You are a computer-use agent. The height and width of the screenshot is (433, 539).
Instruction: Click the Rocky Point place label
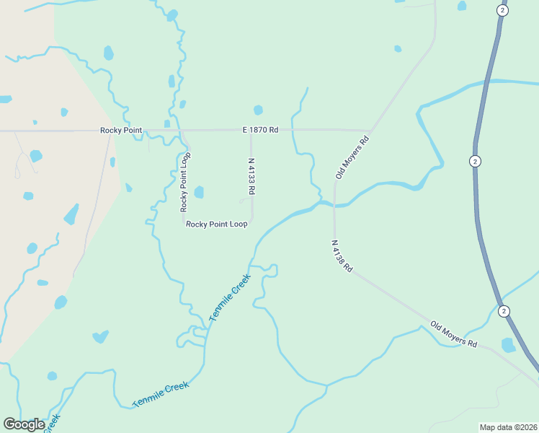(119, 131)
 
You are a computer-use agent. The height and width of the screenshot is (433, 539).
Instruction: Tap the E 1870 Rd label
(260, 130)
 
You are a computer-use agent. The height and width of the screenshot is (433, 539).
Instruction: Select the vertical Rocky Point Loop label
(185, 182)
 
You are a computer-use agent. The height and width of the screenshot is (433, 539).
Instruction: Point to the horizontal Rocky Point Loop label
(217, 224)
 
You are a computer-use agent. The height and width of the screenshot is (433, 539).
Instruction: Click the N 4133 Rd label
(251, 177)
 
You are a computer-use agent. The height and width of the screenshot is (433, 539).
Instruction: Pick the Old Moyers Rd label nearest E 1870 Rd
(352, 157)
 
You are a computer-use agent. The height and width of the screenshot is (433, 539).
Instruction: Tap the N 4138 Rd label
(342, 256)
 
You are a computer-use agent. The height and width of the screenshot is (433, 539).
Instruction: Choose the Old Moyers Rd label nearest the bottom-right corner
(454, 334)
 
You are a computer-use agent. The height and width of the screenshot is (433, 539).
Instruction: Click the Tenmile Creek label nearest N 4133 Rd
(230, 297)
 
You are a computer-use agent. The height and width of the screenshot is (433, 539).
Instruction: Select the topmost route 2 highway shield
(502, 10)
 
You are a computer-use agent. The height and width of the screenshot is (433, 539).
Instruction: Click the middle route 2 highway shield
(474, 161)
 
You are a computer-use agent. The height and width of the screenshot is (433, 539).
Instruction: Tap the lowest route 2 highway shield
(504, 311)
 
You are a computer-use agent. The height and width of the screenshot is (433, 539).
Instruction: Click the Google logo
(24, 424)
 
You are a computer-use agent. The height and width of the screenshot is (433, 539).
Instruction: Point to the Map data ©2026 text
(508, 427)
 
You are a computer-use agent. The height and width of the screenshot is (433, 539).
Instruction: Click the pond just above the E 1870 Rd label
(258, 110)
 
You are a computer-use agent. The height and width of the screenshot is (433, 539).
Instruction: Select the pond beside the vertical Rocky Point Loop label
(199, 192)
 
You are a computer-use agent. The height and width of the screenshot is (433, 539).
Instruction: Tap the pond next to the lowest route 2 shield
(508, 345)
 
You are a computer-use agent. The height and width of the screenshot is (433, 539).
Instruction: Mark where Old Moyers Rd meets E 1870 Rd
(371, 131)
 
